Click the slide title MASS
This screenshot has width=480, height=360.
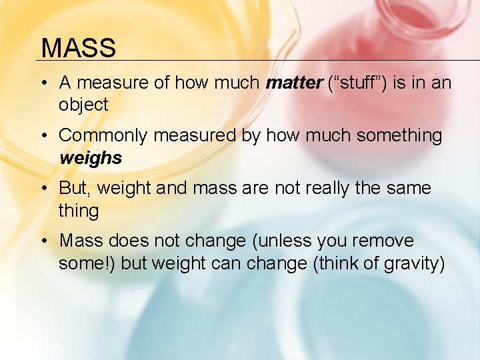78,48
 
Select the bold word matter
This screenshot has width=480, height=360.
293,83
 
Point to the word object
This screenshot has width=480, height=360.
83,105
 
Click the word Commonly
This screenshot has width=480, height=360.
102,136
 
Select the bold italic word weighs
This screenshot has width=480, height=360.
90,158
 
